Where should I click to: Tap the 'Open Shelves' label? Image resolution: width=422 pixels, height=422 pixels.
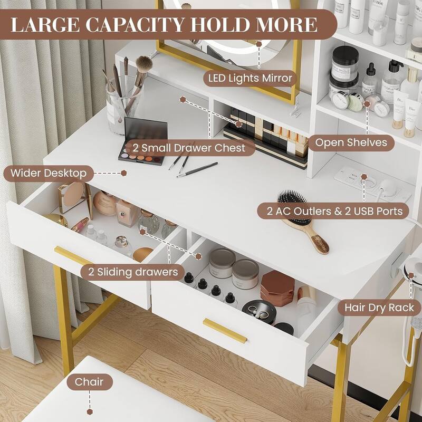click(x=351, y=142)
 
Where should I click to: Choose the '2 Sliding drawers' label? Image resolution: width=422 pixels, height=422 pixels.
click(x=129, y=272)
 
